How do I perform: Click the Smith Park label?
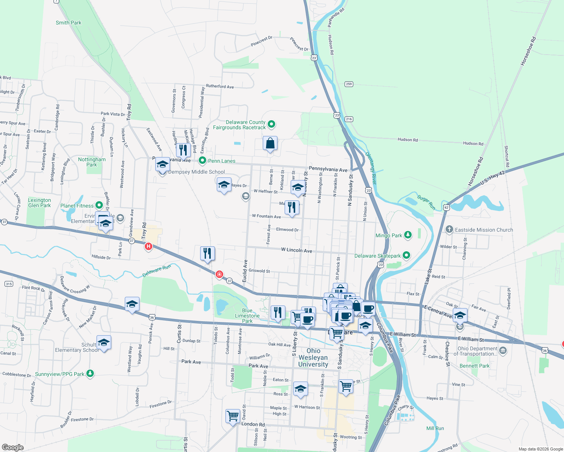[68, 23]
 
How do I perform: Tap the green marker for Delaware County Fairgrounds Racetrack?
[271, 124]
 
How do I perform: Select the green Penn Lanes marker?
[202, 160]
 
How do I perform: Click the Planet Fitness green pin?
[99, 205]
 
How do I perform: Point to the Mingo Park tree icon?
[408, 235]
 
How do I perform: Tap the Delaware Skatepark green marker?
[406, 255]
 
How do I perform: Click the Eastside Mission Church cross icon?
[449, 229]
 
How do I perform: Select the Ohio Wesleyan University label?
[313, 357]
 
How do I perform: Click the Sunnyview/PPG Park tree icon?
[90, 373]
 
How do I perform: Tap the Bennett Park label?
[474, 366]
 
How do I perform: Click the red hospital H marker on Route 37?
[149, 247]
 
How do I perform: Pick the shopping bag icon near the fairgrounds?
[270, 144]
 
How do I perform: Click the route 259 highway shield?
[349, 84]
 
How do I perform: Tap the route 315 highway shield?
[9, 284]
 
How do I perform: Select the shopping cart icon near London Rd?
[233, 416]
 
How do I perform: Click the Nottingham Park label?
[92, 162]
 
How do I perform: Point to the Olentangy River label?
[371, 168]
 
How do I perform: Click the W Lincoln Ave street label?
[296, 250]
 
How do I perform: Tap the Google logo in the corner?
[12, 447]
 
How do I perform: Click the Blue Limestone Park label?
[247, 316]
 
